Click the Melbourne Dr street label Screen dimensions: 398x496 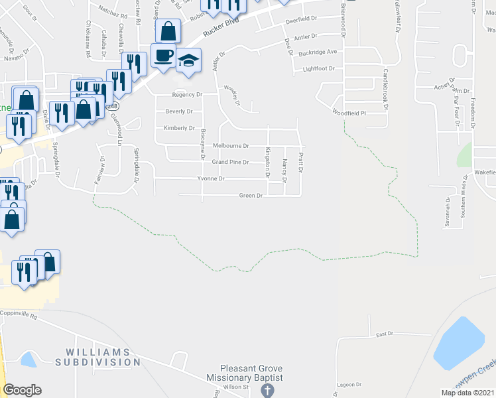(x=230, y=145)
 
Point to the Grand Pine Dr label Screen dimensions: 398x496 (x=229, y=162)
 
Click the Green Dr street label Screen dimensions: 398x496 (x=251, y=196)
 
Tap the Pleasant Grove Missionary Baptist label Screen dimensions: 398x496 (x=252, y=373)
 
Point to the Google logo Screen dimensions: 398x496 (x=22, y=390)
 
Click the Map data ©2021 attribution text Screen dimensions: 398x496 (x=467, y=393)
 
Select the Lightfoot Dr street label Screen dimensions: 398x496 (x=318, y=68)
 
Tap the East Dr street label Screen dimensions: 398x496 (x=385, y=335)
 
